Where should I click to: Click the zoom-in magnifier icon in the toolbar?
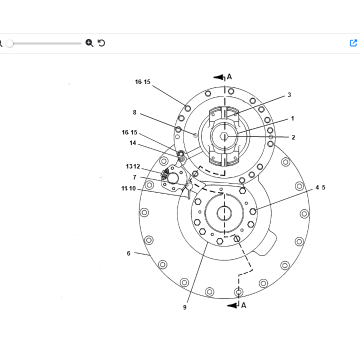pyautogui.click(x=89, y=43)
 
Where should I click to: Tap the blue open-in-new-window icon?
pyautogui.click(x=353, y=43)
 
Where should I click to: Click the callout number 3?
pyautogui.click(x=289, y=95)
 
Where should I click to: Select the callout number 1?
pyautogui.click(x=293, y=118)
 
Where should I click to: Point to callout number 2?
pyautogui.click(x=293, y=137)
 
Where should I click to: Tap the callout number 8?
pyautogui.click(x=135, y=113)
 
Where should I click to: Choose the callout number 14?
pyautogui.click(x=133, y=143)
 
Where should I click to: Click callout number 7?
pyautogui.click(x=135, y=177)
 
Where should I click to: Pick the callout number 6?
pyautogui.click(x=129, y=254)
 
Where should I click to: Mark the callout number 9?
pyautogui.click(x=185, y=307)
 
